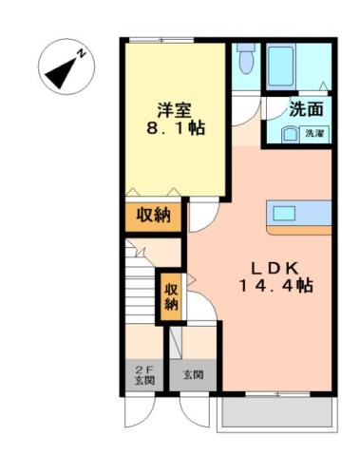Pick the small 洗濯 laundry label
tap(314, 134)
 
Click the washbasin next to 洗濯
tap(289, 134)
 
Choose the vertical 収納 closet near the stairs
tap(171, 296)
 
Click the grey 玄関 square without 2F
tap(194, 374)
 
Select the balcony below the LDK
tap(275, 410)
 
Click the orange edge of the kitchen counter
tap(298, 229)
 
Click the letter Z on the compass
tap(81, 53)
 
